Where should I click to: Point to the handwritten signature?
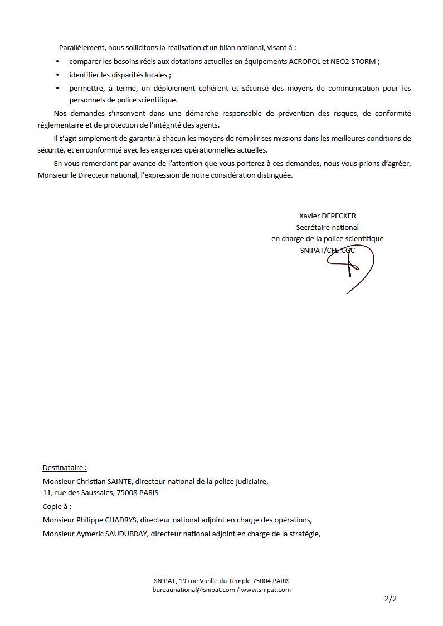(350, 267)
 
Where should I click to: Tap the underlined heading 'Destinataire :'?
(65, 468)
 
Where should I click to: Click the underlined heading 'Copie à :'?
(57, 507)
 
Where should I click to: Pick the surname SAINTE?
(119, 481)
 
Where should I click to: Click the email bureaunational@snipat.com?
(193, 590)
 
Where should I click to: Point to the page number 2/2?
(391, 600)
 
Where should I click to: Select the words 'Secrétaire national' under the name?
(327, 227)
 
